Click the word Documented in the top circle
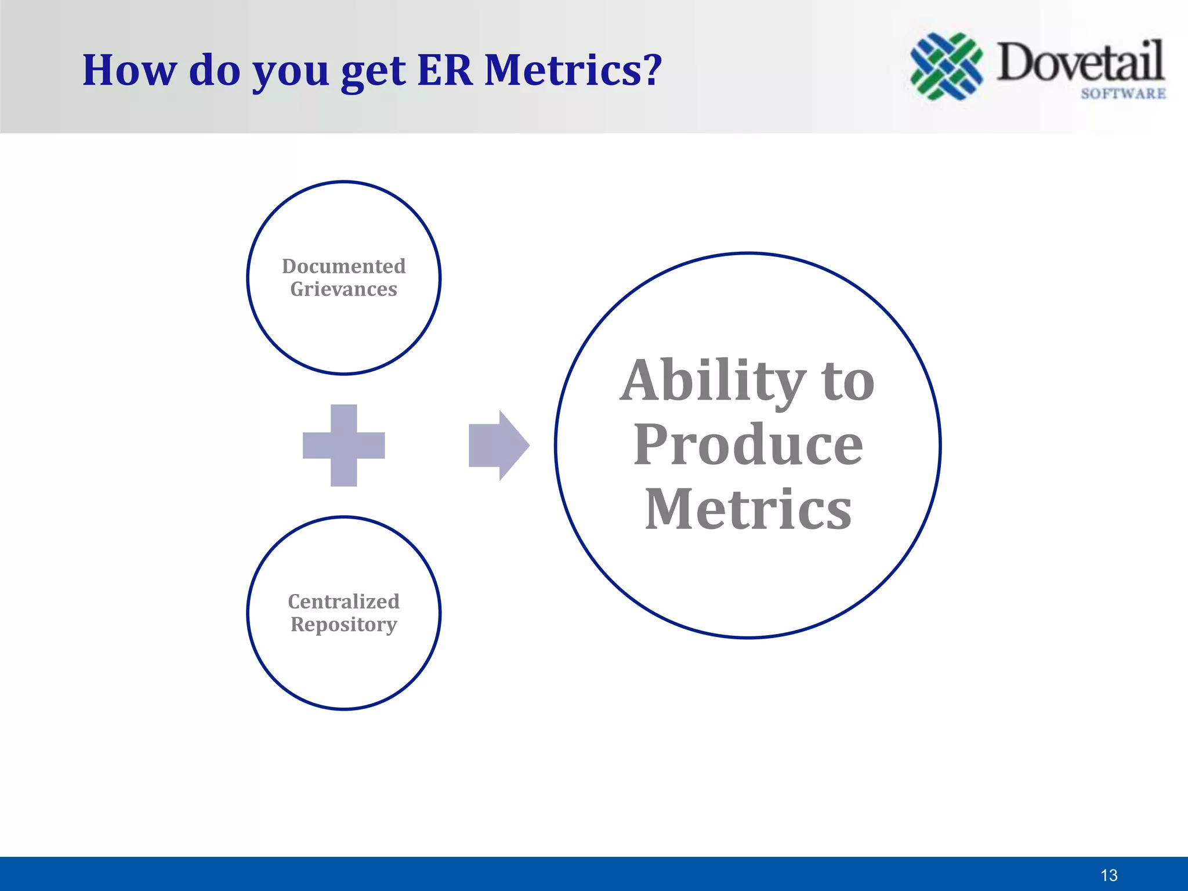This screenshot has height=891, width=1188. click(343, 266)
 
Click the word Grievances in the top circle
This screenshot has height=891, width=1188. click(343, 289)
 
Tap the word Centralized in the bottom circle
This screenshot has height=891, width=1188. click(343, 602)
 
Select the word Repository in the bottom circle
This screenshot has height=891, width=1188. click(343, 625)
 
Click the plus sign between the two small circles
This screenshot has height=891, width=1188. click(343, 445)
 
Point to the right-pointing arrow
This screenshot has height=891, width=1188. click(498, 445)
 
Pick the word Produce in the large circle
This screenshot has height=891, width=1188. click(748, 445)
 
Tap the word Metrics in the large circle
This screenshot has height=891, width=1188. click(748, 509)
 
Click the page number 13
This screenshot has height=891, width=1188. click(1109, 875)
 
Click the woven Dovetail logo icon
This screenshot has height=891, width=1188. click(946, 66)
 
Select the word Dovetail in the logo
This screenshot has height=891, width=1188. click(1080, 61)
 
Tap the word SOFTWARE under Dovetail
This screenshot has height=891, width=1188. click(1123, 93)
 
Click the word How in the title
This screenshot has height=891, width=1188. click(129, 70)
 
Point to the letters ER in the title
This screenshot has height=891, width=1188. click(445, 70)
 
